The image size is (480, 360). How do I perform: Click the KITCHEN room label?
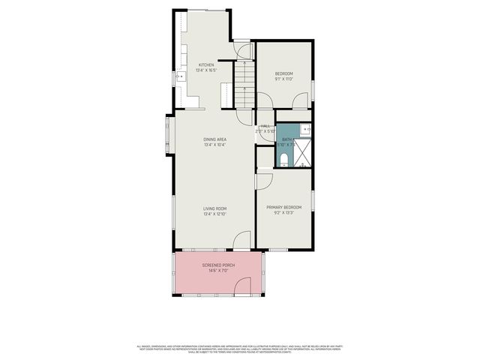pyautogui.click(x=206, y=65)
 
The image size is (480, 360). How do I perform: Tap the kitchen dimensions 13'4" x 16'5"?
pyautogui.click(x=206, y=70)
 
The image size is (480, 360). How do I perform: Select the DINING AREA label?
pyautogui.click(x=214, y=139)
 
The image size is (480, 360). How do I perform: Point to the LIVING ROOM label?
pyautogui.click(x=214, y=208)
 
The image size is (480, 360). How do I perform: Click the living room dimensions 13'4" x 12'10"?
pyautogui.click(x=214, y=214)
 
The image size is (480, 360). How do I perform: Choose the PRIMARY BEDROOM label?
pyautogui.click(x=284, y=207)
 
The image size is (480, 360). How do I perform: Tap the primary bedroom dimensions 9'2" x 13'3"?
pyautogui.click(x=284, y=213)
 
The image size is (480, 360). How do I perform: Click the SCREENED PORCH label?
pyautogui.click(x=218, y=265)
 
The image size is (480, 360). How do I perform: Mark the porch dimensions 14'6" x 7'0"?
pyautogui.click(x=218, y=271)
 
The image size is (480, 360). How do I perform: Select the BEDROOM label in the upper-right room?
pyautogui.click(x=283, y=73)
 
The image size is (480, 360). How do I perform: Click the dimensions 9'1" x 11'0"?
pyautogui.click(x=283, y=79)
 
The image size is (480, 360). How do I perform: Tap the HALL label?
pyautogui.click(x=265, y=126)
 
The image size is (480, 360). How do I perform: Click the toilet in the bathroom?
pyautogui.click(x=283, y=158)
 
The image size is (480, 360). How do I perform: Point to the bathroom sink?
pyautogui.click(x=308, y=130)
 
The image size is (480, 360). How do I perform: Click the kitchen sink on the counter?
pyautogui.click(x=180, y=76)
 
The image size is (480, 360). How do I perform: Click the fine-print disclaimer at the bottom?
pyautogui.click(x=240, y=348)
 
